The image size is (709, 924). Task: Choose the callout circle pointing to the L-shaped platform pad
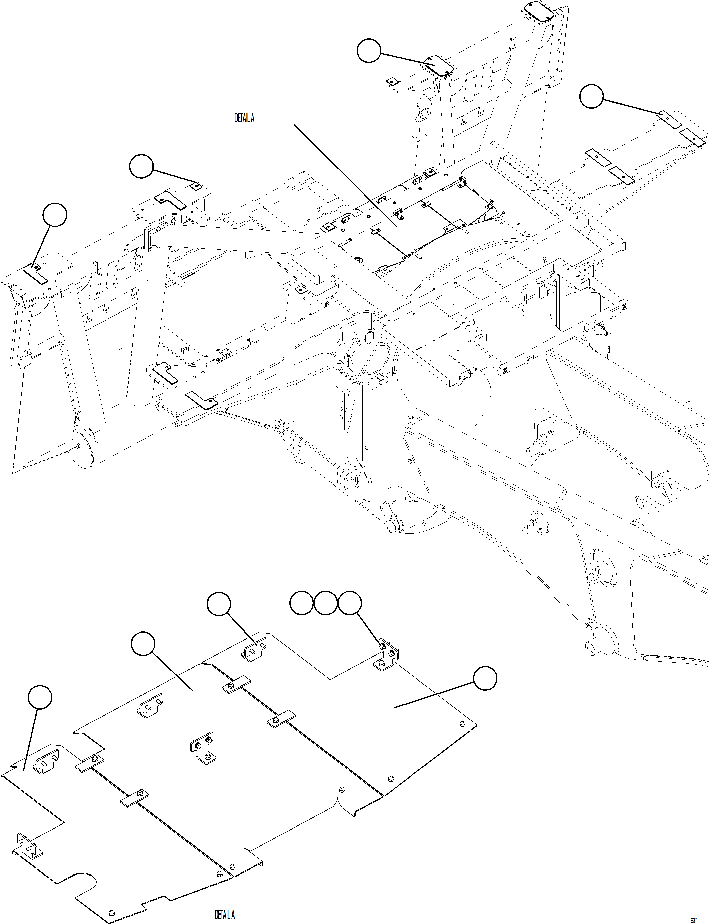55,215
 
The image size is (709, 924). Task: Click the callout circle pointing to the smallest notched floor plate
40,697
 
